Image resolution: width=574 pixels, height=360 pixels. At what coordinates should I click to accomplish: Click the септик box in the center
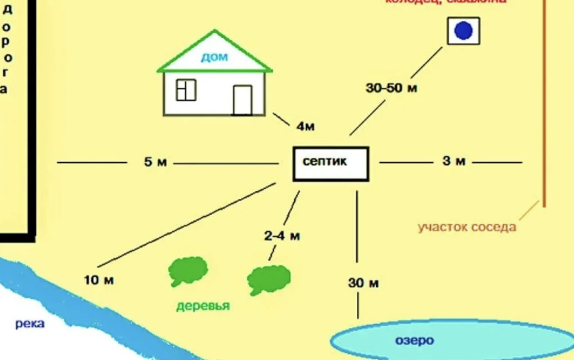tap(331, 164)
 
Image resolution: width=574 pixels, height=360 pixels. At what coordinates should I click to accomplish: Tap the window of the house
tap(186, 90)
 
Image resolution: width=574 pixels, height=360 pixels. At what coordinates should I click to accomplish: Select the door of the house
tap(242, 100)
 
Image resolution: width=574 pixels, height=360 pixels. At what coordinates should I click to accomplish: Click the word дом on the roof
tap(214, 58)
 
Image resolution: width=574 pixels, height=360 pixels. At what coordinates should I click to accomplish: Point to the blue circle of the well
tap(463, 31)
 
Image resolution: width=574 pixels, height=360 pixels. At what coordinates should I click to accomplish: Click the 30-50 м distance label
tap(391, 88)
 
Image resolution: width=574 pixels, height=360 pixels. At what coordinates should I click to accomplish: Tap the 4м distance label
tap(305, 127)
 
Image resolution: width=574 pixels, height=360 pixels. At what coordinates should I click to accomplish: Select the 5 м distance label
tap(155, 163)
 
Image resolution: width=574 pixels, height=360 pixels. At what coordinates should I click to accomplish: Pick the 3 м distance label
tap(453, 161)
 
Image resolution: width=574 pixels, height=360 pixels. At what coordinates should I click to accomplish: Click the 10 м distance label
tap(99, 280)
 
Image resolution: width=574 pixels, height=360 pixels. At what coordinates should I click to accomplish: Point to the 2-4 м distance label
tap(282, 236)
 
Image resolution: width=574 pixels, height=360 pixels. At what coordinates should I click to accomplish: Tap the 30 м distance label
tap(363, 283)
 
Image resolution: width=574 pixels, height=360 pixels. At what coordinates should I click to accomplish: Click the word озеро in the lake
tap(414, 340)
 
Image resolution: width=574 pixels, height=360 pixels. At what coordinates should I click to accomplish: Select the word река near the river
tap(30, 324)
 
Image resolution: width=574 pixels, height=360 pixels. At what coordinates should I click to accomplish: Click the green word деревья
tap(203, 306)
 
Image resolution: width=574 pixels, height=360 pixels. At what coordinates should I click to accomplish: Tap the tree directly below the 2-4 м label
tap(268, 279)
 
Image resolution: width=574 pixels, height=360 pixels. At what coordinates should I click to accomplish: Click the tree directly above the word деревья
tap(188, 271)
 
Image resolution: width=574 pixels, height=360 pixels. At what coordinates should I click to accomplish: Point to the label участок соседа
tap(466, 227)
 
